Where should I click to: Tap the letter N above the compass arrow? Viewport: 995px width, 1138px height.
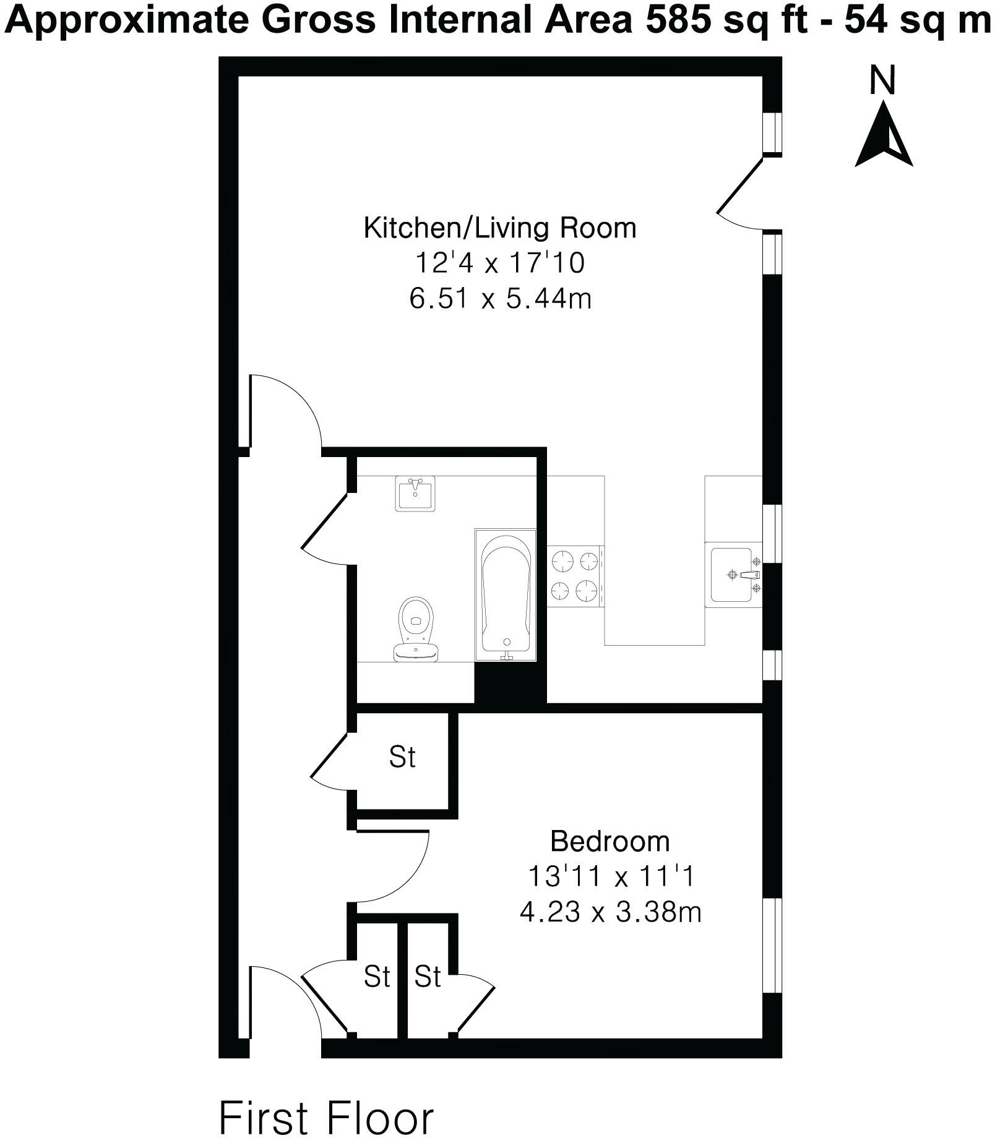click(882, 81)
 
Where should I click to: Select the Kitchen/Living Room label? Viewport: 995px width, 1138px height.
click(499, 228)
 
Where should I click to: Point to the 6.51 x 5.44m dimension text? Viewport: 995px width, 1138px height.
click(500, 299)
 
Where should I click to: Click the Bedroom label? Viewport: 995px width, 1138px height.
click(609, 842)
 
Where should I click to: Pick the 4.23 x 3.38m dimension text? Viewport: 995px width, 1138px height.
click(610, 912)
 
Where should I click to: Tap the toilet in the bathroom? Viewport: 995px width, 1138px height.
click(415, 628)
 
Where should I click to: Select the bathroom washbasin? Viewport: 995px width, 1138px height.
click(415, 494)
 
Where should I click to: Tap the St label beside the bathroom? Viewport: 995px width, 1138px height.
click(402, 757)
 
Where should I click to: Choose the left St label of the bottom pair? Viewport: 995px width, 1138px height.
click(377, 977)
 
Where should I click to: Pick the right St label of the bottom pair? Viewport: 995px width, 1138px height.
click(428, 977)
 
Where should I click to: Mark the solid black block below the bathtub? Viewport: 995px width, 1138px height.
click(510, 683)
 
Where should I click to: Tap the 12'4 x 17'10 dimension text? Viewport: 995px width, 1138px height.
click(499, 264)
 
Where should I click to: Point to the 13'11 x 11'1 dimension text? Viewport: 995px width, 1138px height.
click(610, 877)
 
